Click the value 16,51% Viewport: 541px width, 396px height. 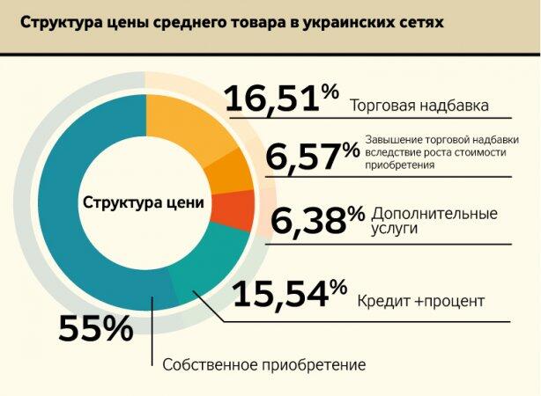[x=282, y=99]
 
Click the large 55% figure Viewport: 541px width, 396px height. [x=95, y=329]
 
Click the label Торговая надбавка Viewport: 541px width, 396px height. [x=419, y=106]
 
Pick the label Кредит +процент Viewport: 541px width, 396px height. [x=420, y=302]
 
